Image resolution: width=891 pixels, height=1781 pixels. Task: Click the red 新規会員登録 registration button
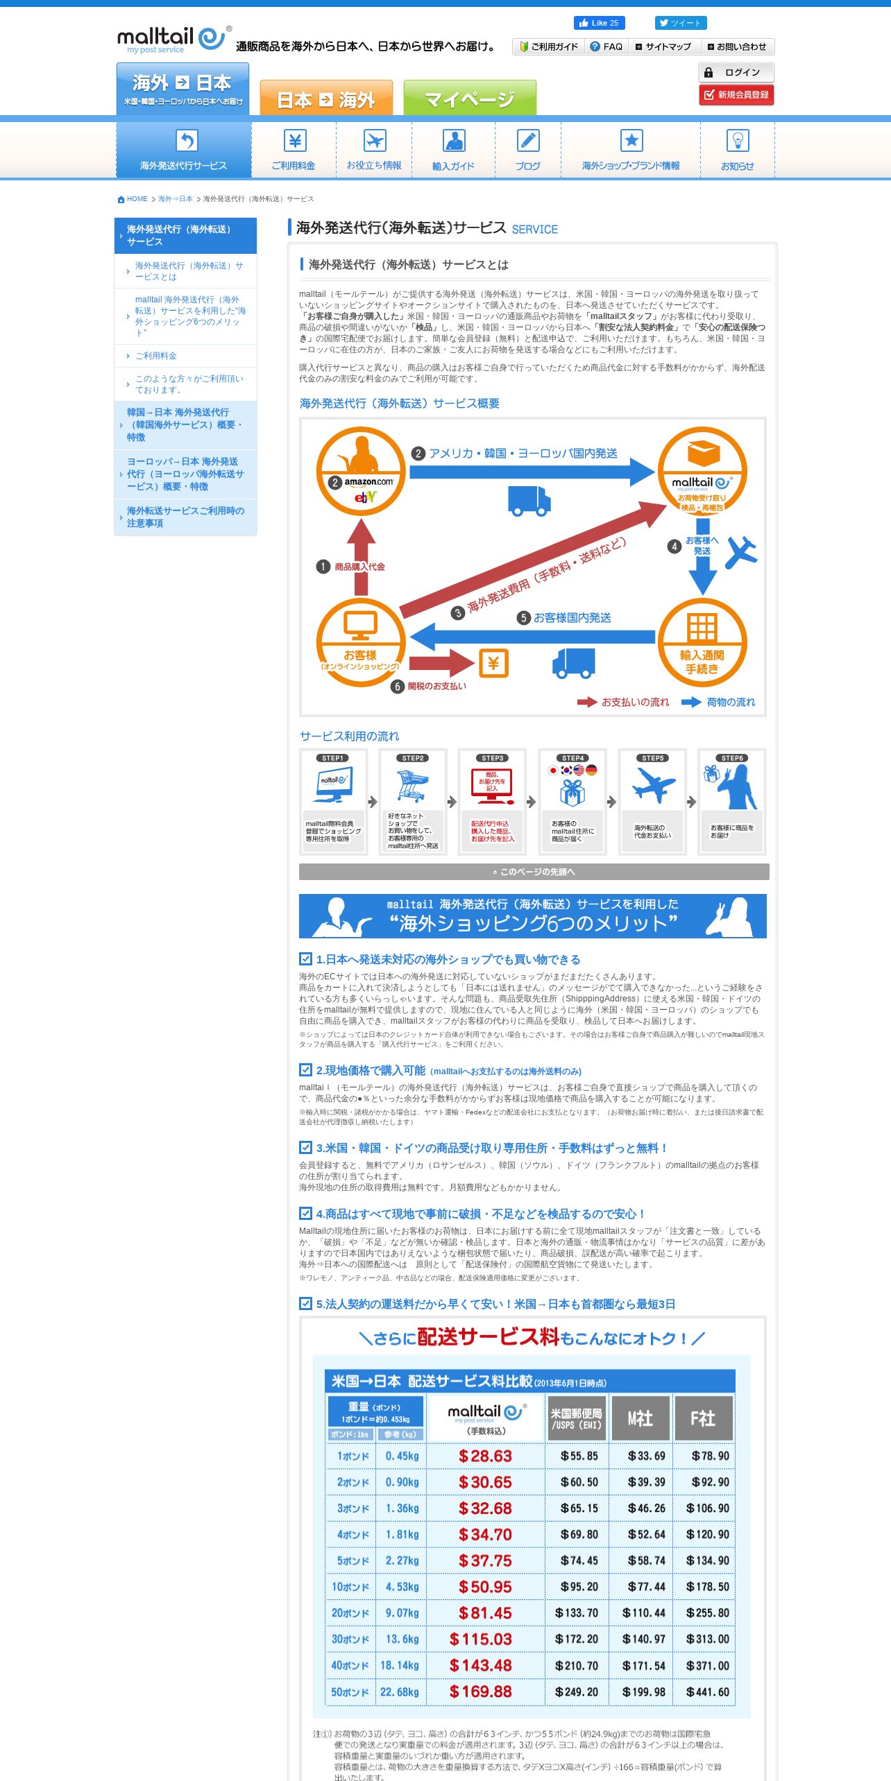[736, 95]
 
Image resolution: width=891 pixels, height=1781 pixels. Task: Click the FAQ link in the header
[606, 46]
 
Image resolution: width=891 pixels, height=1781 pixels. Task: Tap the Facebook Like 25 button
[599, 23]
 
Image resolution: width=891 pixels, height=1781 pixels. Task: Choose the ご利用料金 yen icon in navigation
[294, 141]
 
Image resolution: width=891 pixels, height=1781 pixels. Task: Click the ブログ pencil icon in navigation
[528, 141]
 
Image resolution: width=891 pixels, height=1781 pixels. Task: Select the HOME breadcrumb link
[137, 199]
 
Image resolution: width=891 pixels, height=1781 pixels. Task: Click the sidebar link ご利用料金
[155, 356]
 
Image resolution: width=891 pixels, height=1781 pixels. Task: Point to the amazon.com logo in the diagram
[368, 481]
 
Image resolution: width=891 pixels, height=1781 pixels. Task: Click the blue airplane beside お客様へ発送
[741, 552]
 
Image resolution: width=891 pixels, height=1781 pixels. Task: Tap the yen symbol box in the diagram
[493, 663]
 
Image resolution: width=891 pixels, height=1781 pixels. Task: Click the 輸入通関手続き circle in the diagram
[702, 643]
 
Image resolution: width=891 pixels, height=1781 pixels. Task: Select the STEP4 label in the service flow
[573, 758]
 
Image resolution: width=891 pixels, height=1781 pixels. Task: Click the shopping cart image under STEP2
[412, 786]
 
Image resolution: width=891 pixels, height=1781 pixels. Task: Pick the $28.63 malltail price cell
[485, 1456]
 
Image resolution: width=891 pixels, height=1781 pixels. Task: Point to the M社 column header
[640, 1418]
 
